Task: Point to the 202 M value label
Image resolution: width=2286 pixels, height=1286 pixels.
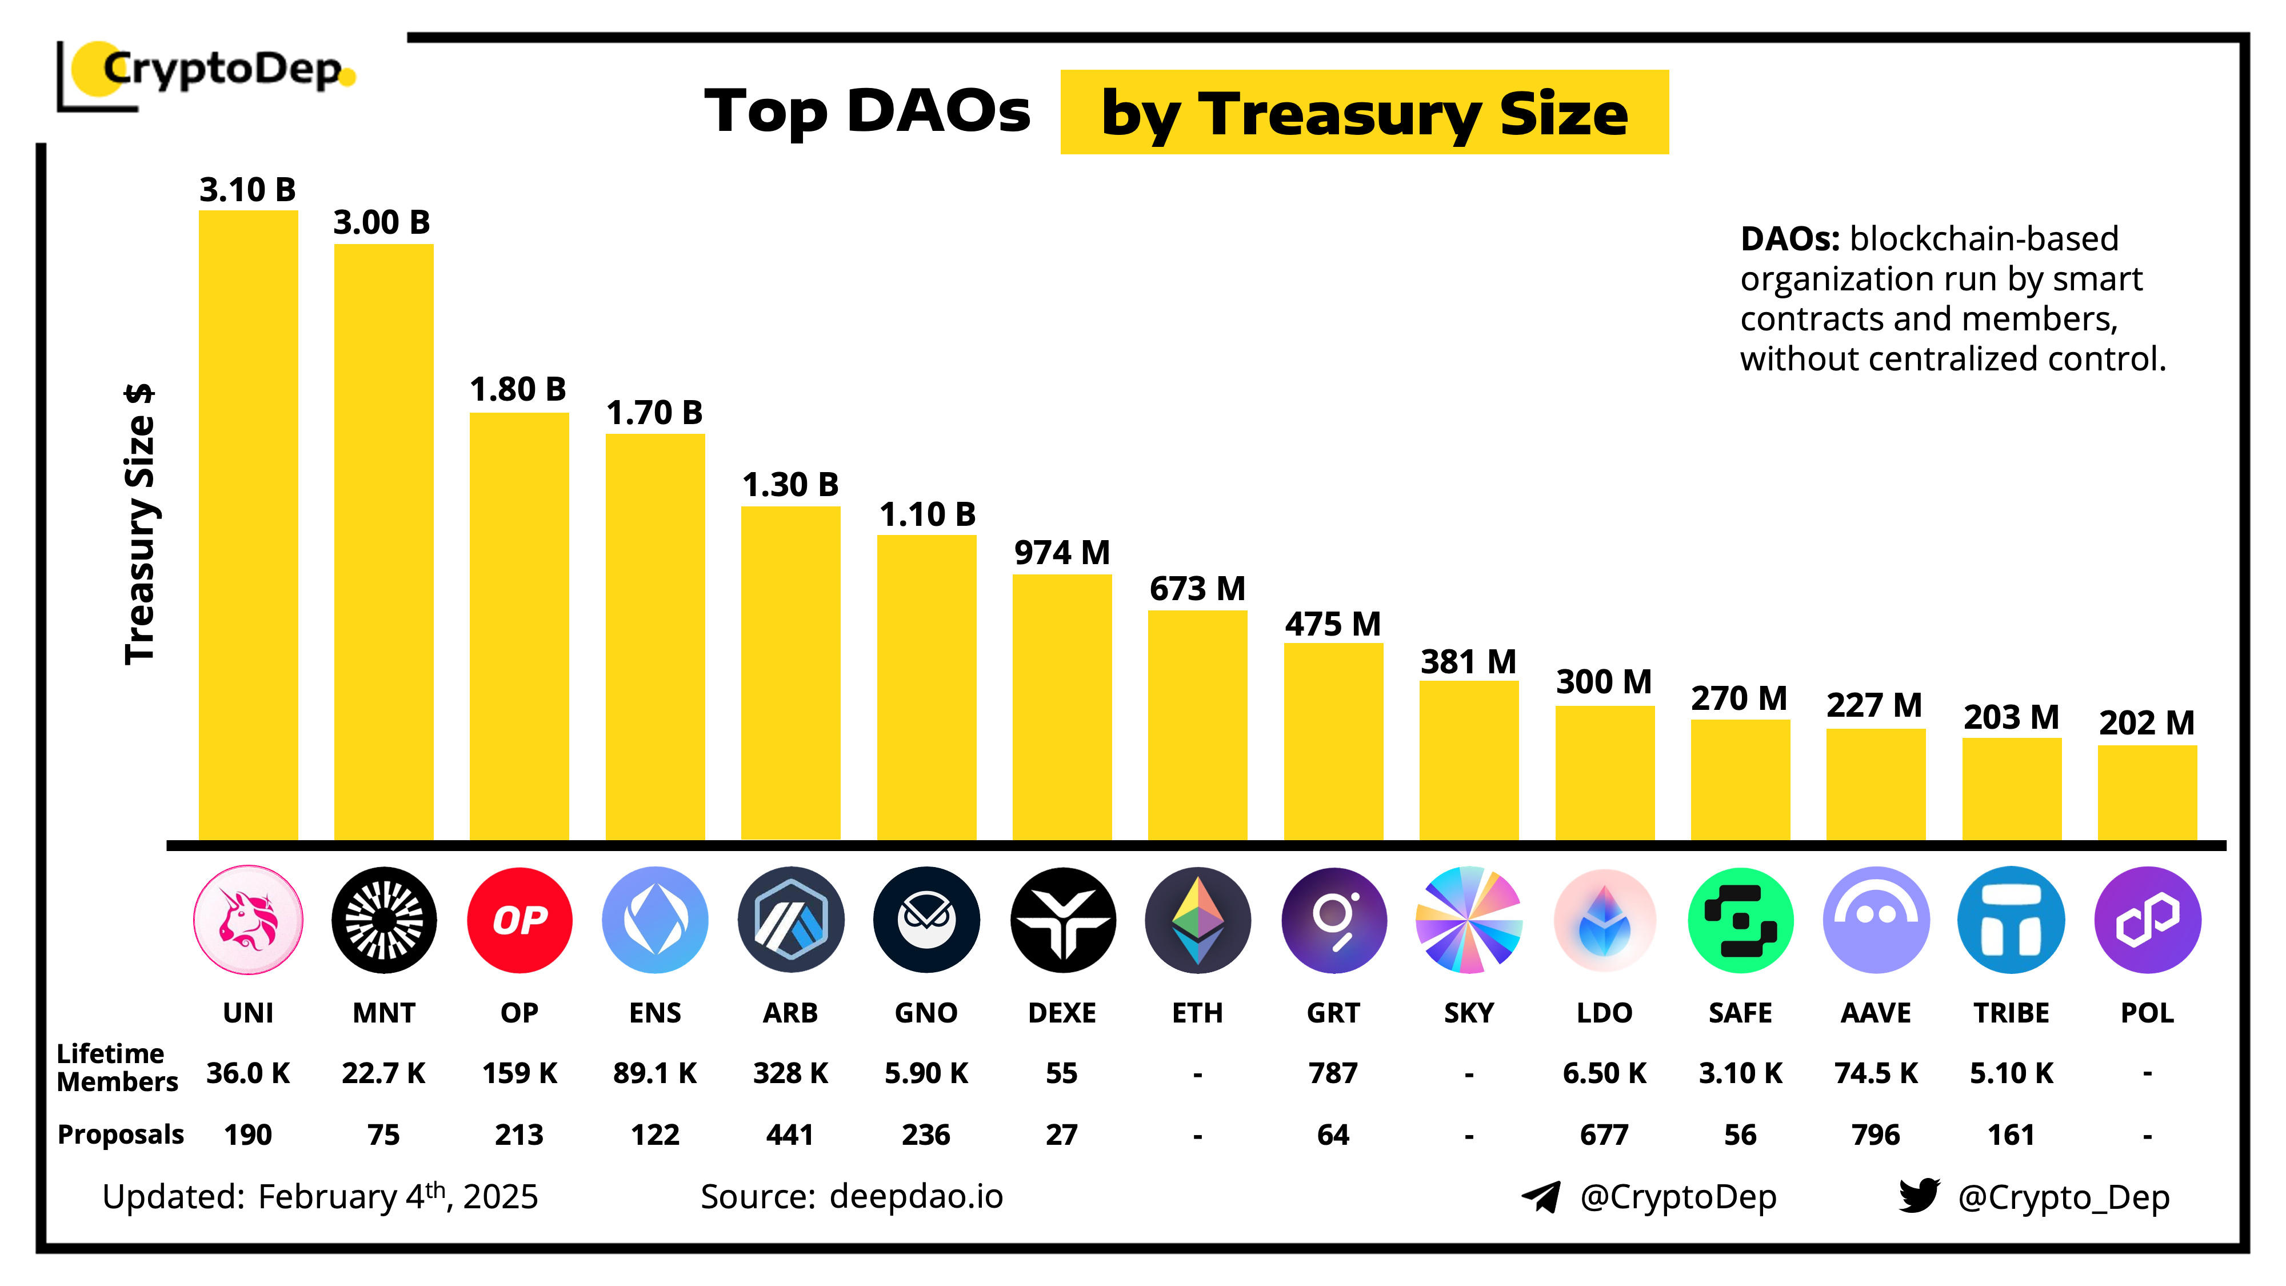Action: click(x=2146, y=722)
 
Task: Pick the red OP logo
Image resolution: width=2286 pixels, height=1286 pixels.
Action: click(x=519, y=920)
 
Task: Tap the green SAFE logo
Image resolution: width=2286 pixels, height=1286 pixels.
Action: click(x=1740, y=920)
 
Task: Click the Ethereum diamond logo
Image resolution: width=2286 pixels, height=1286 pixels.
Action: click(x=1197, y=920)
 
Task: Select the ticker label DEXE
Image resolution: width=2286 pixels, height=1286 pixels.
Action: click(x=1061, y=1013)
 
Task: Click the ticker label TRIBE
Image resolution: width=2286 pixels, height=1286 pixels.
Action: click(x=2011, y=1013)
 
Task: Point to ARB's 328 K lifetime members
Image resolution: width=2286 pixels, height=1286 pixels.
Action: click(x=790, y=1073)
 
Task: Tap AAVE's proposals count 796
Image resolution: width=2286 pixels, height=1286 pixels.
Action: click(x=1875, y=1134)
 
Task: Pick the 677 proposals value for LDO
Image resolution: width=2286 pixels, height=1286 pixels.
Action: click(x=1604, y=1134)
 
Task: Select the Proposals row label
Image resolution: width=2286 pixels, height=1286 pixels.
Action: click(x=121, y=1134)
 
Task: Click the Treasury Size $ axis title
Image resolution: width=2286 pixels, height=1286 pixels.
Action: click(x=139, y=524)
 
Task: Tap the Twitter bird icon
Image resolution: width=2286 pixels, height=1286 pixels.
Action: click(x=1919, y=1196)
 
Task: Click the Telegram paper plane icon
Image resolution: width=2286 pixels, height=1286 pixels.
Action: click(x=1541, y=1196)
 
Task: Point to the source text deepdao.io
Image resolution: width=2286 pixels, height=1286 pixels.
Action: click(x=916, y=1196)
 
